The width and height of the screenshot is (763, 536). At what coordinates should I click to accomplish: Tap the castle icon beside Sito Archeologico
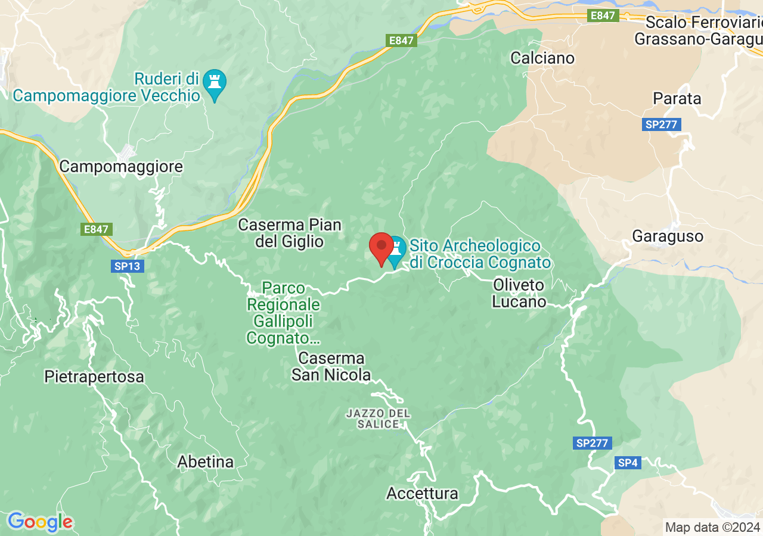395,251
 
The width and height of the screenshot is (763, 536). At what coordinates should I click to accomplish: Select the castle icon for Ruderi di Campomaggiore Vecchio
214,83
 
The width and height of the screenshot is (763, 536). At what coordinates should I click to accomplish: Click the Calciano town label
542,58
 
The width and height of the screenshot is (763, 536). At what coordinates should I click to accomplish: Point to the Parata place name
677,98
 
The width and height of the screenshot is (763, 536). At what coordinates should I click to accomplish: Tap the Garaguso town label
668,236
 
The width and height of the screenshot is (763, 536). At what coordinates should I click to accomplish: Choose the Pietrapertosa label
94,376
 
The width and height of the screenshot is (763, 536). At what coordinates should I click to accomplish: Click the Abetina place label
206,462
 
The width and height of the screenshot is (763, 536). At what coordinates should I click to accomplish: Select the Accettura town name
422,493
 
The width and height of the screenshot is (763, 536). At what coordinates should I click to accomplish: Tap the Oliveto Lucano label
519,293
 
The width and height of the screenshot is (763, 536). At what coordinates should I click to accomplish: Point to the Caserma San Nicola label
331,366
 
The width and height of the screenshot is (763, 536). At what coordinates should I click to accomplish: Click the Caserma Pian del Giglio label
290,233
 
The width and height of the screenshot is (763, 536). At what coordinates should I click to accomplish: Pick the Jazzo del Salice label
379,418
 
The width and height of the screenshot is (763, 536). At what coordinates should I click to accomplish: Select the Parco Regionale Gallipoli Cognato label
284,313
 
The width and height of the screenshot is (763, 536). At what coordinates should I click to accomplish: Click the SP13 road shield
126,266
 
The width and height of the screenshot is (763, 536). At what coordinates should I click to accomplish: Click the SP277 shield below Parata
662,124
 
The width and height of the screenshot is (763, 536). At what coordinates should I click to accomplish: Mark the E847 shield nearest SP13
96,229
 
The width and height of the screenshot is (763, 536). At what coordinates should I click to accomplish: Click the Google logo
40,522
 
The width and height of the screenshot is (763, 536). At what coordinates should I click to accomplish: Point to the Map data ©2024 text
712,527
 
